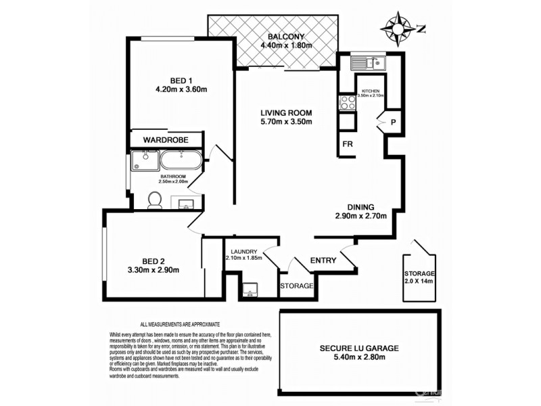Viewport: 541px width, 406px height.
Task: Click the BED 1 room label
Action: [171, 79]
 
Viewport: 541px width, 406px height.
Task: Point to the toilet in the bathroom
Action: [155, 200]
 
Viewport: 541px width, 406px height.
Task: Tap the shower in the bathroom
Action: [143, 161]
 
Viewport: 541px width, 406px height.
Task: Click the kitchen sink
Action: [367, 65]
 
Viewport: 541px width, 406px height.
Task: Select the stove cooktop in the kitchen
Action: [347, 103]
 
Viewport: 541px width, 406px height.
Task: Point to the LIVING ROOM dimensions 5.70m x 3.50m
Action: [286, 122]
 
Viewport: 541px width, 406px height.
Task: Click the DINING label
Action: [360, 207]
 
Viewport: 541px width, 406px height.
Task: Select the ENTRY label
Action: [323, 261]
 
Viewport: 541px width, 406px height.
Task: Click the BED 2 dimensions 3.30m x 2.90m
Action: [153, 270]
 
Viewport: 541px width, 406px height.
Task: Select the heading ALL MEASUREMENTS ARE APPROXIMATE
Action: [180, 325]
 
